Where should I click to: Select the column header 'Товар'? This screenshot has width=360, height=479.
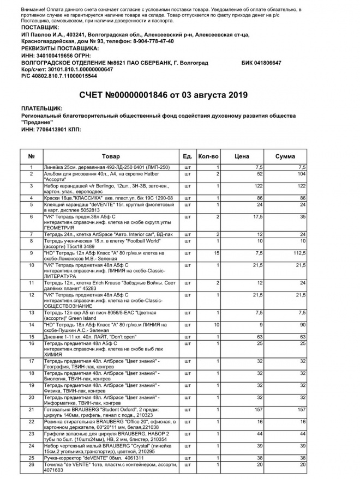click(111, 156)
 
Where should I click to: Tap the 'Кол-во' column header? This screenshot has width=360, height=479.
click(208, 156)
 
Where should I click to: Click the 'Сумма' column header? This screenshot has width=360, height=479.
click(285, 156)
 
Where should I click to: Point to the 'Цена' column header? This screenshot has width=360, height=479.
click(242, 156)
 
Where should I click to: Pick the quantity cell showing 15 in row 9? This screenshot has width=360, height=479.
click(216, 253)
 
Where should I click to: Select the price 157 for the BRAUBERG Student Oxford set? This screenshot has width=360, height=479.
click(258, 409)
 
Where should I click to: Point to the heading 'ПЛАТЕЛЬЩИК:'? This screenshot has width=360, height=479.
click(41, 108)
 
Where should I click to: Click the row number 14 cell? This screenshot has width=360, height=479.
click(31, 325)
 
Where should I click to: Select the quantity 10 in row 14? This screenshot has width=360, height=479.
click(216, 325)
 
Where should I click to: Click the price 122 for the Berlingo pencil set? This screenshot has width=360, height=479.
click(258, 186)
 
